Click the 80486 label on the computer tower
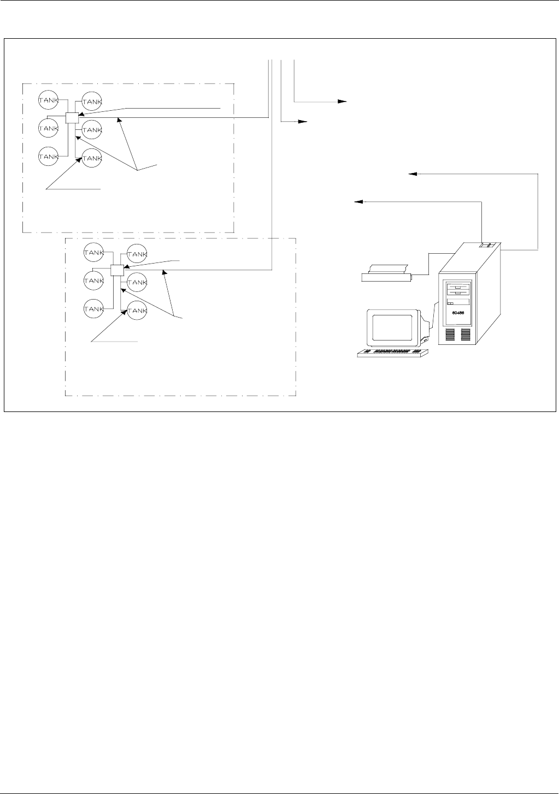click(457, 313)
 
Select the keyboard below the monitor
click(392, 354)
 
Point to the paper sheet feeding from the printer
click(389, 268)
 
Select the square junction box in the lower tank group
click(117, 270)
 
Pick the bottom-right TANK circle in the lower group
click(137, 311)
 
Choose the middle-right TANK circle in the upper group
click(92, 130)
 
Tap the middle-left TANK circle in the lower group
click(93, 280)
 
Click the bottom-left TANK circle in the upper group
click(48, 157)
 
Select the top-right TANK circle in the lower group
click(137, 254)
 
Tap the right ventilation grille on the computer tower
click(466, 334)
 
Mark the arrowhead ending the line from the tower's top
click(358, 201)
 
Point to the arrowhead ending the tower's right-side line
click(413, 174)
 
